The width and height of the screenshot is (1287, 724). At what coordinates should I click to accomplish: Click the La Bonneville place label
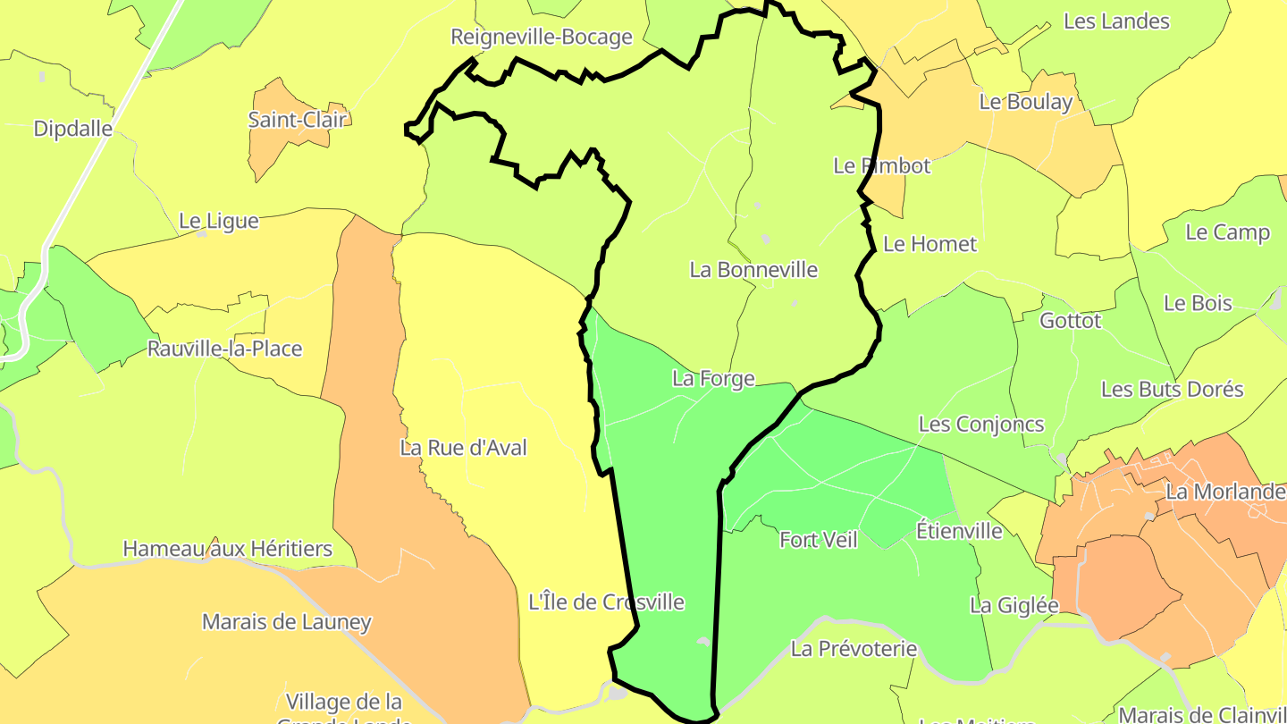[x=753, y=269]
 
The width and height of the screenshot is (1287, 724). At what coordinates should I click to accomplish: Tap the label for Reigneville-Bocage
[x=542, y=38]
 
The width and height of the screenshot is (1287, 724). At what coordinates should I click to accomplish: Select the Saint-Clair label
[x=297, y=119]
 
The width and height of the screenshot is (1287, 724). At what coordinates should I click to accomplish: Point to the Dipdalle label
[x=73, y=129]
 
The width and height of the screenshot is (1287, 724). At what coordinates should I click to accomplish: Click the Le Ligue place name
[x=219, y=221]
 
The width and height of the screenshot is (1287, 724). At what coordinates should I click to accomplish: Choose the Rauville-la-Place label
[x=225, y=349]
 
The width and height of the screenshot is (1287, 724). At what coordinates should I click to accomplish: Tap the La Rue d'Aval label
[x=463, y=448]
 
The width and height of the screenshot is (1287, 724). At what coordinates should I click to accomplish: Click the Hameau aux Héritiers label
[x=228, y=548]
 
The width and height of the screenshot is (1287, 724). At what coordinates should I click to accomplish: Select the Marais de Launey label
[x=286, y=621]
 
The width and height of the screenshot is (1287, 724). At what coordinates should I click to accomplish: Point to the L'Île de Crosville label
[x=607, y=602]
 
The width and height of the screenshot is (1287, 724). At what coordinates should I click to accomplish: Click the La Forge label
[x=713, y=379]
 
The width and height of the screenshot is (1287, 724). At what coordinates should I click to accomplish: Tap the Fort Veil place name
[x=818, y=540]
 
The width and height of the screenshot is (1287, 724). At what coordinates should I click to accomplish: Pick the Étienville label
[x=959, y=531]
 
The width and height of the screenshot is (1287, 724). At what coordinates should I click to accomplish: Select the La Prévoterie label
[x=854, y=648]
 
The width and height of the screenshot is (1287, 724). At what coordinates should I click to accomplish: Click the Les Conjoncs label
[x=981, y=424]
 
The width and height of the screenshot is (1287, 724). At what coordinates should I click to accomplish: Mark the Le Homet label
[x=929, y=244]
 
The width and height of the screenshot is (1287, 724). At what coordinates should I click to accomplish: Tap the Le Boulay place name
[x=1025, y=102]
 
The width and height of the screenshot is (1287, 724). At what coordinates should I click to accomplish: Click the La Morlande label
[x=1224, y=492]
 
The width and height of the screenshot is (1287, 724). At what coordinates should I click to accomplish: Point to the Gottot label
[x=1071, y=320]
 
